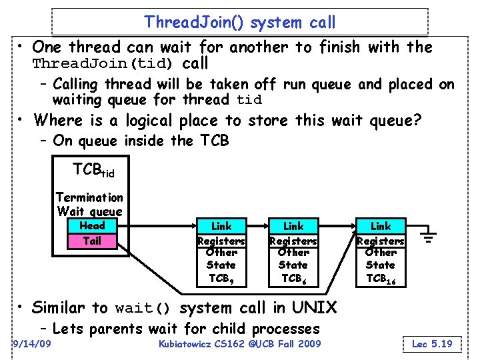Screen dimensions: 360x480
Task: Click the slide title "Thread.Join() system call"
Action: (240, 22)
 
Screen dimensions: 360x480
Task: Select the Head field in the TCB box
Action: (92, 226)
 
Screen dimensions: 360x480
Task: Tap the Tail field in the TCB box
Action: (92, 241)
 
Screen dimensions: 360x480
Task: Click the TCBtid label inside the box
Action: (93, 171)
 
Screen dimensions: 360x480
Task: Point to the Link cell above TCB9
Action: (221, 227)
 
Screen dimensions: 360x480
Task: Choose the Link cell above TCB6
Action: (293, 227)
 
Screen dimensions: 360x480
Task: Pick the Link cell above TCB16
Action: (381, 227)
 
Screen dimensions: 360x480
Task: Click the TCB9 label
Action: (221, 278)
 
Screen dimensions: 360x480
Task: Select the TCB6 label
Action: (293, 278)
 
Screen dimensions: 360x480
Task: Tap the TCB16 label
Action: (381, 278)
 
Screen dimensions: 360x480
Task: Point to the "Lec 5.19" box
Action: (432, 344)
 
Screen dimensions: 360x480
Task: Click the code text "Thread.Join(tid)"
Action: (103, 65)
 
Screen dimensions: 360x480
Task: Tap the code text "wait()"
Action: (143, 309)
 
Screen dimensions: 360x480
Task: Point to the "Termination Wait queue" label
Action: (89, 204)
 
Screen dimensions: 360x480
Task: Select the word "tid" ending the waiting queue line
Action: (249, 101)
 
